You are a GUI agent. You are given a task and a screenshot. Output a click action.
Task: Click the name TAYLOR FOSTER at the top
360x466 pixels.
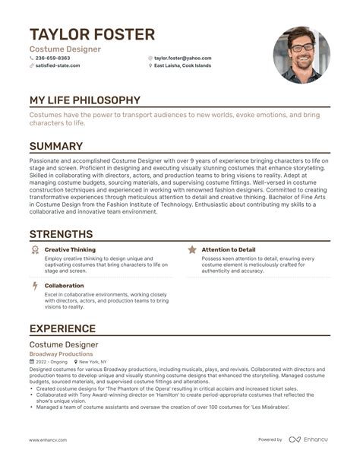(92, 34)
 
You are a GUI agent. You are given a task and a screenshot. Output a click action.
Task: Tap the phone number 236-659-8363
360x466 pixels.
(52, 58)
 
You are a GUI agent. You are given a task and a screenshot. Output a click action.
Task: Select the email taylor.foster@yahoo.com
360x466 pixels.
(182, 58)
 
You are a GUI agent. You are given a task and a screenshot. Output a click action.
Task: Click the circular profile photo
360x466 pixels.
(302, 55)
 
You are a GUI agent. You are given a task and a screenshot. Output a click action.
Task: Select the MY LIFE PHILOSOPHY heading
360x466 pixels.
(84, 100)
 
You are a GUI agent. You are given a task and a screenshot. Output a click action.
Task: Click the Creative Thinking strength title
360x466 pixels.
(70, 249)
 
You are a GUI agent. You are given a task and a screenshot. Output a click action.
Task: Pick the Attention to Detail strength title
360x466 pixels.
(229, 249)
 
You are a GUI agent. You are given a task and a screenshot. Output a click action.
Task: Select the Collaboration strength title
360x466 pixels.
(64, 286)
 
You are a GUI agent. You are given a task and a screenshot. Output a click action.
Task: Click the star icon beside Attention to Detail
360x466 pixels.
(192, 249)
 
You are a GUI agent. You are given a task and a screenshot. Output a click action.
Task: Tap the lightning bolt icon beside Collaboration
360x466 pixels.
(34, 286)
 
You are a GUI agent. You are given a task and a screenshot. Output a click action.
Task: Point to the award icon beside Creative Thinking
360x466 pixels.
(34, 249)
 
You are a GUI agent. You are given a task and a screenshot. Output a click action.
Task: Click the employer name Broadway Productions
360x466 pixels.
(61, 354)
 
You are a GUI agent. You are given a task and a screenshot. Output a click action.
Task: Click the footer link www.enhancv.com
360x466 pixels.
(49, 439)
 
